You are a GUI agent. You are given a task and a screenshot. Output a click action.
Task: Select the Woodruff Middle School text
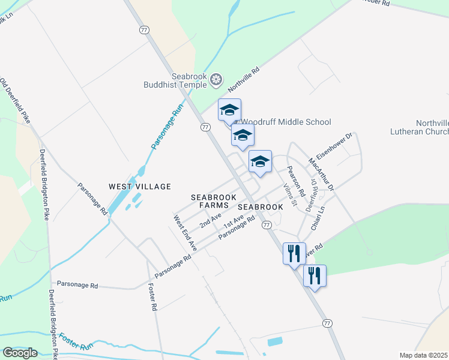coord(286,122)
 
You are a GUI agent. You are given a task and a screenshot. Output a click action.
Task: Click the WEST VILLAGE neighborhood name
coord(140,187)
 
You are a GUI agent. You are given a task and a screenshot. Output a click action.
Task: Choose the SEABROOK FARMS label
coord(214,201)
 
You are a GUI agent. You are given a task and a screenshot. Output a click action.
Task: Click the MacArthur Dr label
coord(321,175)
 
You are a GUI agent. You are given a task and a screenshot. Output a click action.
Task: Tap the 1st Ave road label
coord(232,221)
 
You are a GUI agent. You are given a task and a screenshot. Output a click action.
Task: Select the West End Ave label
coord(185,233)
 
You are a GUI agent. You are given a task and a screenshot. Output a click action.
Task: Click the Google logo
coord(20,353)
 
